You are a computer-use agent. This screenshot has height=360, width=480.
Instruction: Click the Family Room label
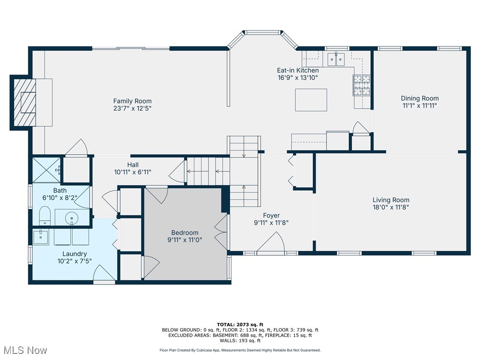click(x=132, y=101)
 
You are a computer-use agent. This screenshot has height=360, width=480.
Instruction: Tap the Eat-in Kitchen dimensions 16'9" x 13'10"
click(x=298, y=78)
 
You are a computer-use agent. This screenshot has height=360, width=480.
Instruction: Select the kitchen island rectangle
click(x=311, y=100)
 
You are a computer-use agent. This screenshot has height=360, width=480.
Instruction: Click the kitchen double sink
click(x=336, y=59)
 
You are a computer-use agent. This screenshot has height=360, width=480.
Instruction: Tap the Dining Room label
click(x=420, y=98)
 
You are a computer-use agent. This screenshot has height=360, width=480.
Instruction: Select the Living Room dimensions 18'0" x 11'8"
click(x=391, y=207)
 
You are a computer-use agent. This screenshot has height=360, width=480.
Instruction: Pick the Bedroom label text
click(x=185, y=232)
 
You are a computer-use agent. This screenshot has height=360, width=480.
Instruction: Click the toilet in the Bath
click(x=45, y=217)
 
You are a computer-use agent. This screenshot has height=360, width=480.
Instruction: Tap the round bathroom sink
click(x=71, y=218)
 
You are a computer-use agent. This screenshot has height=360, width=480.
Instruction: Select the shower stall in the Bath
click(x=46, y=170)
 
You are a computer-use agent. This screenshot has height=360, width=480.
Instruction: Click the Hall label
click(x=133, y=165)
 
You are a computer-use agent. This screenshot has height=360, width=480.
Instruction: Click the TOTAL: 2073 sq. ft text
click(x=240, y=324)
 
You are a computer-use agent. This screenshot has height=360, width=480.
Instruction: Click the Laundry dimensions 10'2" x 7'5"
click(x=75, y=261)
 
